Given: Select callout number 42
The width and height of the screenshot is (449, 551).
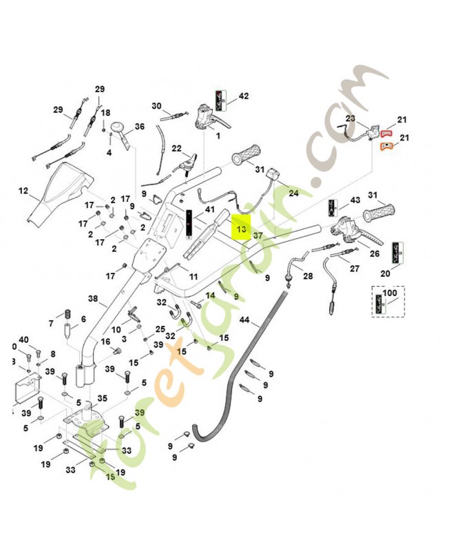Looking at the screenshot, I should click(243, 96).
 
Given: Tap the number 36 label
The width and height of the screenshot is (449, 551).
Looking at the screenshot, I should click(139, 127).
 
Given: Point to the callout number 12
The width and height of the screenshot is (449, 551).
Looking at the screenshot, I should click(23, 190).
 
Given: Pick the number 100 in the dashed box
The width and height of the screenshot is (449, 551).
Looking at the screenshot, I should click(390, 294).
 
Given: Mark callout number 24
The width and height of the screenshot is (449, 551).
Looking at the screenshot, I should click(294, 194).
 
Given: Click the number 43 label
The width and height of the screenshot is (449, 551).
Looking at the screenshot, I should click(355, 200).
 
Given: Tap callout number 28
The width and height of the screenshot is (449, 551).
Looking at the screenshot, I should click(307, 276).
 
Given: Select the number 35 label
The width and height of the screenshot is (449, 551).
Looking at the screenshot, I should click(102, 397).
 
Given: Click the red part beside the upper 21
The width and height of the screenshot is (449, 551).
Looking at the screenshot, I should click(386, 131).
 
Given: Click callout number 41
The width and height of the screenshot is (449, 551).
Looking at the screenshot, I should click(210, 210).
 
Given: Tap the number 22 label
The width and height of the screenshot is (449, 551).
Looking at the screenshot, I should click(176, 149).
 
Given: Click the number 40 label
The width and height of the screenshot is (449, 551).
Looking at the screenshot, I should click(23, 340).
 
